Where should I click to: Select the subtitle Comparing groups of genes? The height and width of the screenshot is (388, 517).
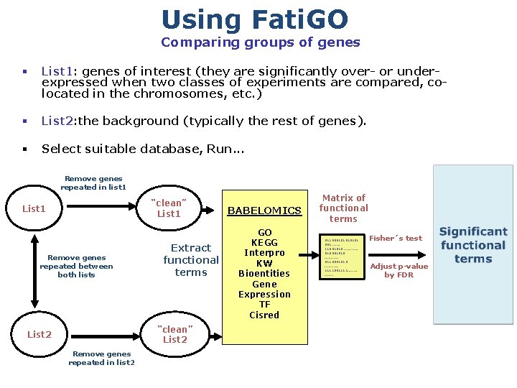pyautogui.click(x=261, y=42)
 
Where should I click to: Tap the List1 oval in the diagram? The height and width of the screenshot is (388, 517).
pyautogui.click(x=34, y=209)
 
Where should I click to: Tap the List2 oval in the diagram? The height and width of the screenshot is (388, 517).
pyautogui.click(x=39, y=334)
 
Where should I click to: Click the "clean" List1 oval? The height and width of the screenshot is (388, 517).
pyautogui.click(x=169, y=208)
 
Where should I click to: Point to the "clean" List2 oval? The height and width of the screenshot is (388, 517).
pyautogui.click(x=174, y=334)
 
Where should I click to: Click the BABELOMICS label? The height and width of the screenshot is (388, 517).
pyautogui.click(x=264, y=211)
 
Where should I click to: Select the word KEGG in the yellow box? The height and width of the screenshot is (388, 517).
pyautogui.click(x=264, y=243)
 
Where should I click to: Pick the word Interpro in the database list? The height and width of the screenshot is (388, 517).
pyautogui.click(x=264, y=253)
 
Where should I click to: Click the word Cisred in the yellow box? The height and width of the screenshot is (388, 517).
pyautogui.click(x=264, y=315)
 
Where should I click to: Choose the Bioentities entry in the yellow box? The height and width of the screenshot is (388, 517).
pyautogui.click(x=264, y=274)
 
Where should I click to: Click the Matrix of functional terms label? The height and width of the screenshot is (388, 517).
pyautogui.click(x=343, y=208)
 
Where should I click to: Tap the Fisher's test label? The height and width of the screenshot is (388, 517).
pyautogui.click(x=396, y=238)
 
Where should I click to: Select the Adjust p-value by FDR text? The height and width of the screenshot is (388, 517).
pyautogui.click(x=399, y=270)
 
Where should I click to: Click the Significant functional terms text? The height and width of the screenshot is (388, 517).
pyautogui.click(x=473, y=245)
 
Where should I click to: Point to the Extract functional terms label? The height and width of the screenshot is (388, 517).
pyautogui.click(x=191, y=260)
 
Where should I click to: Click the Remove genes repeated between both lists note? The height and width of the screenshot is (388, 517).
pyautogui.click(x=76, y=266)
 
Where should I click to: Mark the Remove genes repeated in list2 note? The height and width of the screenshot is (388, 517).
pyautogui.click(x=101, y=358)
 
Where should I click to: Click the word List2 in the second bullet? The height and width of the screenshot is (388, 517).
pyautogui.click(x=57, y=121)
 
